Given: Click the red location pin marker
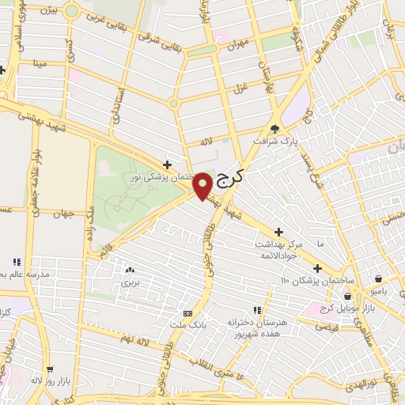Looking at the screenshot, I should (x=202, y=185).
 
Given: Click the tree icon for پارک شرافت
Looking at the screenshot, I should (x=274, y=128).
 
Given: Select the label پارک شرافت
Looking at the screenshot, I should (x=272, y=142).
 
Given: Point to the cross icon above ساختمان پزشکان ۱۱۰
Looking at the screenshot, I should (x=318, y=267).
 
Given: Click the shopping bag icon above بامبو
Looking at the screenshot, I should (x=380, y=278).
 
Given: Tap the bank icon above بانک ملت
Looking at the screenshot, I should (x=187, y=312).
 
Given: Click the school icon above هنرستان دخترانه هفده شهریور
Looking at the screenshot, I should (x=256, y=310).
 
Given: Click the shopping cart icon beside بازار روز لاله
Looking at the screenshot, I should (x=48, y=369).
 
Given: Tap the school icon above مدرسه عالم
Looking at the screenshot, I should (x=15, y=262).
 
